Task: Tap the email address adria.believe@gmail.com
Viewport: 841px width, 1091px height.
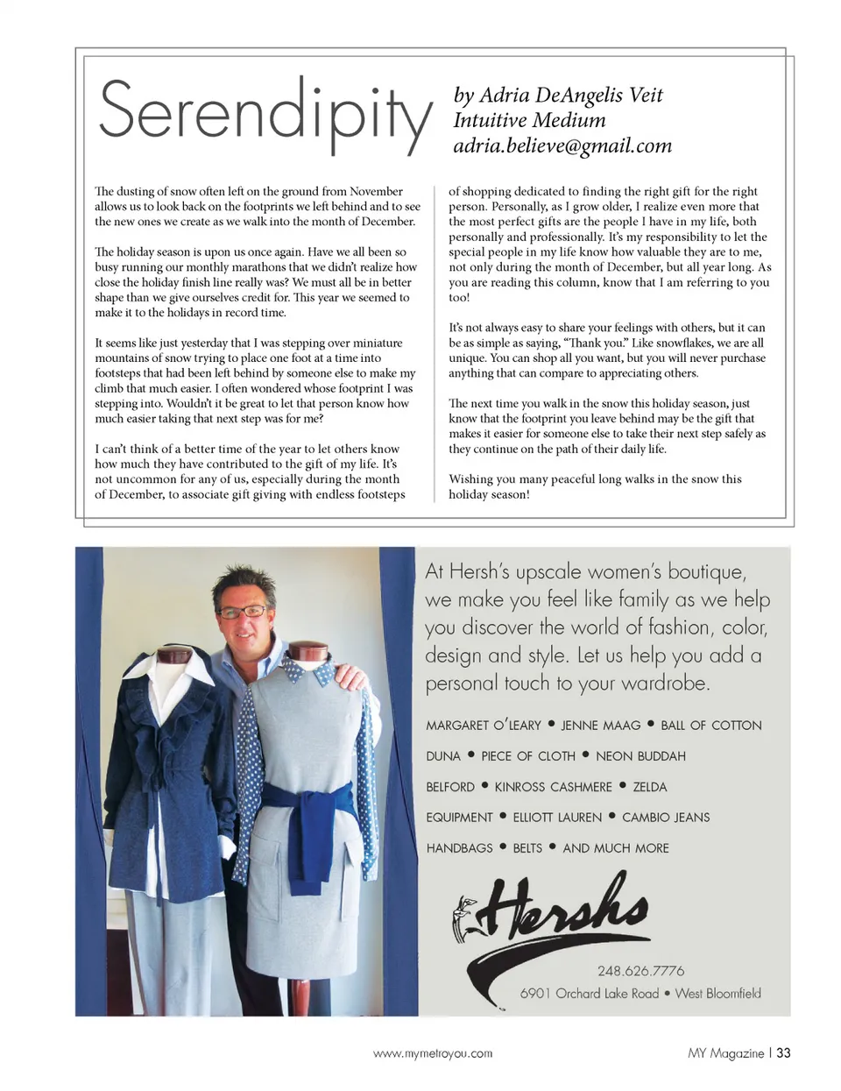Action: click(562, 145)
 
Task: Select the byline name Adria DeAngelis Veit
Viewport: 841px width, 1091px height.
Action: click(570, 95)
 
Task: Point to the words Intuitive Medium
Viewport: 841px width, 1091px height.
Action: click(529, 120)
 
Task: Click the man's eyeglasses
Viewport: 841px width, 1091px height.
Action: click(243, 612)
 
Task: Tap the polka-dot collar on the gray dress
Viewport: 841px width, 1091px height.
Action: click(314, 672)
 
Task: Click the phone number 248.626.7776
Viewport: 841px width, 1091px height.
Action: click(640, 971)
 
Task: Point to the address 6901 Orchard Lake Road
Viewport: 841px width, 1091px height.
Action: click(589, 994)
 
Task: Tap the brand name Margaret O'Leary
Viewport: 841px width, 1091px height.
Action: click(484, 726)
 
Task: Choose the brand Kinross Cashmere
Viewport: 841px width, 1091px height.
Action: click(553, 787)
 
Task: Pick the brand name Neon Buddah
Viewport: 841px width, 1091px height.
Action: click(640, 756)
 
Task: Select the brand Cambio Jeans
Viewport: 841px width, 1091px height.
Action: click(666, 818)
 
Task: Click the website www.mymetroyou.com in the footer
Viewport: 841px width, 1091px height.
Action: click(433, 1053)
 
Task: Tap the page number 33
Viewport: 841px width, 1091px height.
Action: click(783, 1052)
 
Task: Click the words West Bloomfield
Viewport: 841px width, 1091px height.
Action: click(717, 994)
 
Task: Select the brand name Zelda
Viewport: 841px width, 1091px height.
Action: click(649, 787)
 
